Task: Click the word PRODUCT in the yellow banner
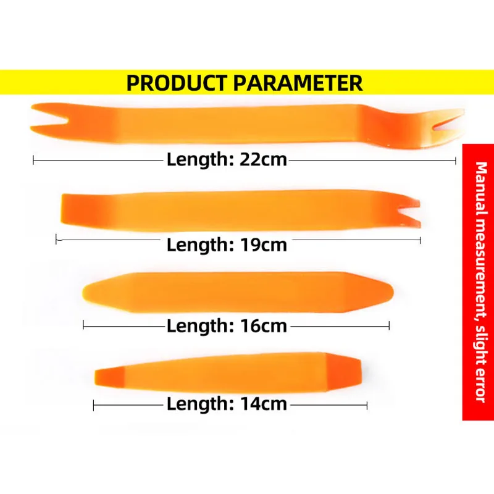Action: (x=177, y=82)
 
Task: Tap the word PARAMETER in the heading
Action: (x=298, y=82)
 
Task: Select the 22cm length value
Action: (x=264, y=159)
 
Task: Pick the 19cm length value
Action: (x=264, y=245)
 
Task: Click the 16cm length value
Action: (x=264, y=326)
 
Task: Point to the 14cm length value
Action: (x=264, y=404)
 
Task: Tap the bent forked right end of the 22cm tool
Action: (x=441, y=128)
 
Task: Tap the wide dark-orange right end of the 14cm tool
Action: (x=343, y=371)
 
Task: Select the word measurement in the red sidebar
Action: (x=480, y=270)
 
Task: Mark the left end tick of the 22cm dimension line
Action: (x=33, y=160)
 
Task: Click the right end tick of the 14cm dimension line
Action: (x=367, y=406)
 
